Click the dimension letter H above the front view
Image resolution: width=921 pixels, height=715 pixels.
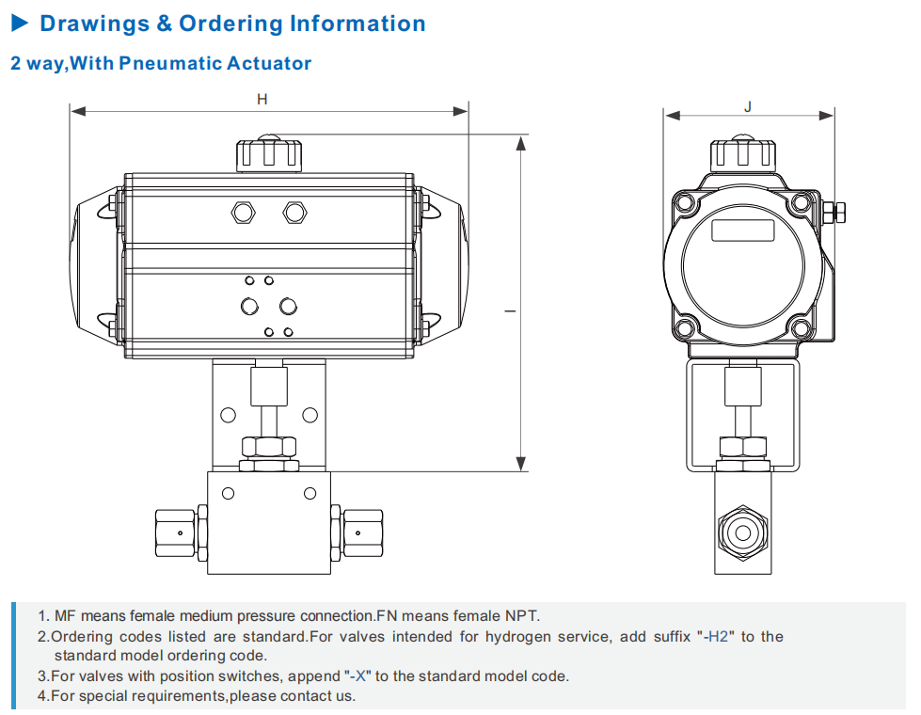click(x=262, y=99)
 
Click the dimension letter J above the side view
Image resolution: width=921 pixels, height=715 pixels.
click(x=748, y=106)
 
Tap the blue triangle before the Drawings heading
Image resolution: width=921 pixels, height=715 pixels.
click(x=21, y=24)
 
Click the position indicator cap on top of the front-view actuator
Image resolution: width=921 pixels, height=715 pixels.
click(x=269, y=153)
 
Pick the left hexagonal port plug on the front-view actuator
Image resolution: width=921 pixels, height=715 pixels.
click(x=244, y=213)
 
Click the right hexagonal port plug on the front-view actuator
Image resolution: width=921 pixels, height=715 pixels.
click(x=294, y=213)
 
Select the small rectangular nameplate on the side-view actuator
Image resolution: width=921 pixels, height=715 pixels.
click(x=742, y=229)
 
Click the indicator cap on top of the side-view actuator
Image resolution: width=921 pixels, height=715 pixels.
click(x=742, y=153)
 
